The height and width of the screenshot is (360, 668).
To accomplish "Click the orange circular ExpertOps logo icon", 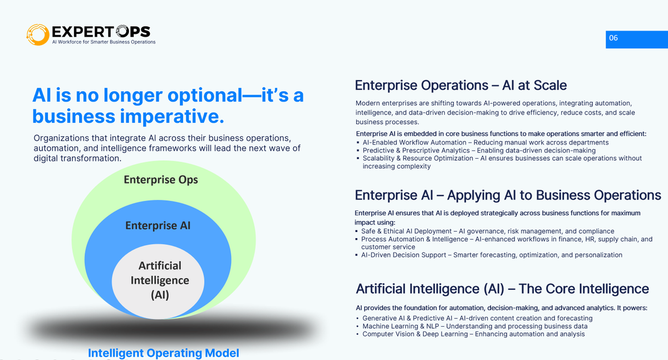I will tap(38, 34).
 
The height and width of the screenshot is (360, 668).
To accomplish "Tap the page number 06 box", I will tap(636, 39).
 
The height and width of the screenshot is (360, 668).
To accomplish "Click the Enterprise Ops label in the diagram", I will tap(160, 180).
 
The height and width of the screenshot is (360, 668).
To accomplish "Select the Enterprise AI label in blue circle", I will tap(158, 225).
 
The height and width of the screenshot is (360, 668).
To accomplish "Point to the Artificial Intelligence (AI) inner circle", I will tap(160, 280).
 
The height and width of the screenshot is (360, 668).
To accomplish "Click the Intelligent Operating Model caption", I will tap(163, 353).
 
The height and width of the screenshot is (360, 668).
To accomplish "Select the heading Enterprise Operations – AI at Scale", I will tap(460, 85).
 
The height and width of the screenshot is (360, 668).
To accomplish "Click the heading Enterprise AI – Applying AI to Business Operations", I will tap(508, 195).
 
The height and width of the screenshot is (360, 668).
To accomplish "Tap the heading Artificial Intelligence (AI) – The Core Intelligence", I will tap(502, 289).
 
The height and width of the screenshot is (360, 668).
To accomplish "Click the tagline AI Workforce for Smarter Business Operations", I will tap(104, 42).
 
